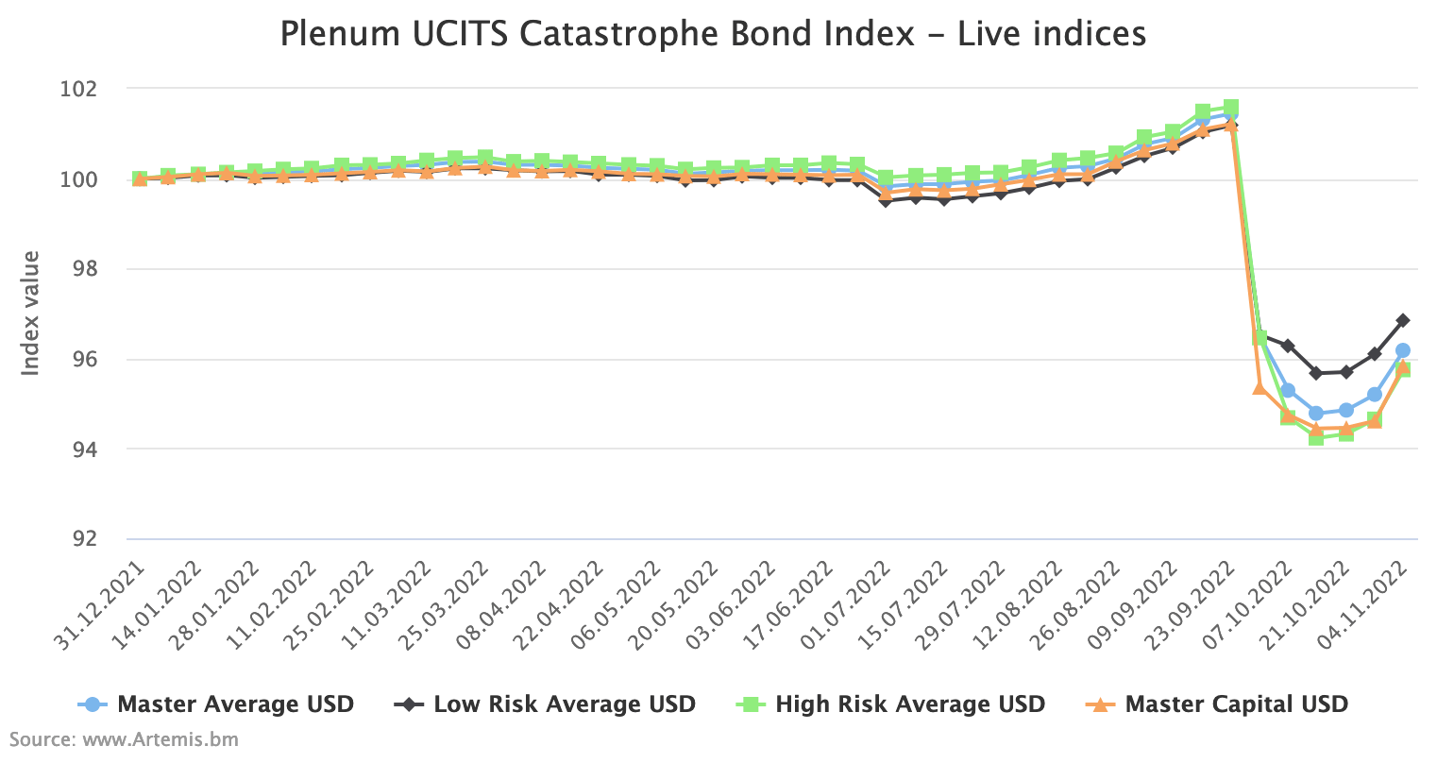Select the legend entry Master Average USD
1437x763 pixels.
235,704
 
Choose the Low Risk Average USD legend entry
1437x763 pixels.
564,704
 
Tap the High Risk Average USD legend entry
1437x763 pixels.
909,704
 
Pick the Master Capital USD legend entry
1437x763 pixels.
1236,704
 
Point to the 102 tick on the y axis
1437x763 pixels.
80,89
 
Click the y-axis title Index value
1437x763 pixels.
31,313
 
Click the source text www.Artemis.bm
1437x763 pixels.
161,739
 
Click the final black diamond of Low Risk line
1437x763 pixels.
1402,320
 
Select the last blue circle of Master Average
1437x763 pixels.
1402,350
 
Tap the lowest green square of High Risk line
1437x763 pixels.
1316,437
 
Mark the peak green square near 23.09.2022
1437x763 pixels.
1230,108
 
